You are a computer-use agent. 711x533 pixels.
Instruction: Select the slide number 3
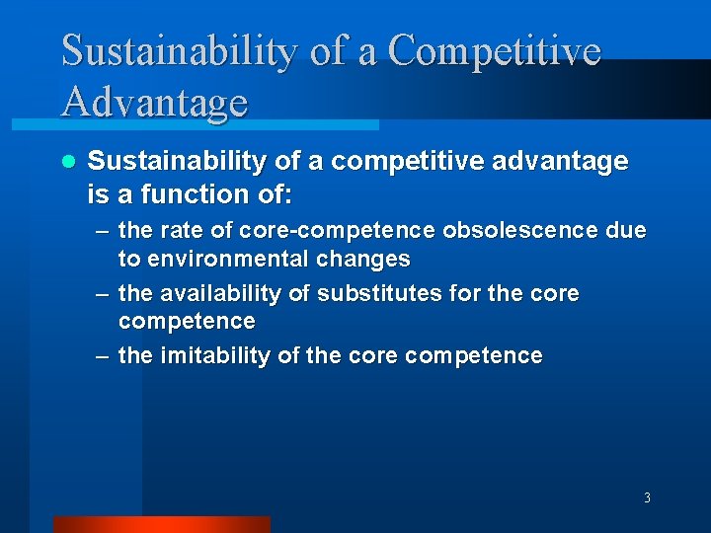pos(647,498)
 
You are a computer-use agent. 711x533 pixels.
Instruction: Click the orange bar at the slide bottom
pos(161,524)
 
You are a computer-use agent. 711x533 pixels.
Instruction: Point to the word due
pos(628,231)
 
